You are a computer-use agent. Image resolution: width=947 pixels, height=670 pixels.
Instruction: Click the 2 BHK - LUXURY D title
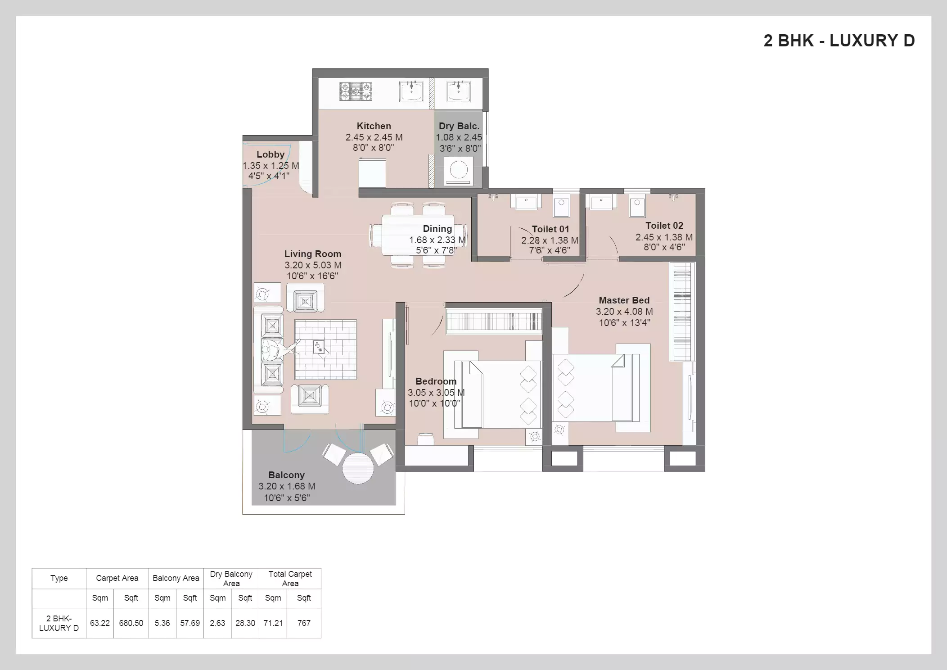[839, 41]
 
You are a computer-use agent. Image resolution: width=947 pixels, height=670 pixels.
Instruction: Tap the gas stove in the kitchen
[356, 91]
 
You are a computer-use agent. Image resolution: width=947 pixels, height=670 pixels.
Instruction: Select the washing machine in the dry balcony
[459, 171]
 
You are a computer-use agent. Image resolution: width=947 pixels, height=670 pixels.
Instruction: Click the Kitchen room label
[374, 126]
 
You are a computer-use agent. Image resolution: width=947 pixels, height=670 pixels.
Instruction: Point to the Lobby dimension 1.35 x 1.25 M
[271, 166]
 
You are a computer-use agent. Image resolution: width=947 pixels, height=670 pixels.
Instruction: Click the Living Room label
[312, 254]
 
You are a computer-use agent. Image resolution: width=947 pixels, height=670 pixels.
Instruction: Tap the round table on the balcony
[358, 468]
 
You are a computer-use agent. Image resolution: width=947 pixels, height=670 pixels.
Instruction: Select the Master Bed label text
[624, 300]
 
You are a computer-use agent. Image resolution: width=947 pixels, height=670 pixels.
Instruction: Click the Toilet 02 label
[664, 226]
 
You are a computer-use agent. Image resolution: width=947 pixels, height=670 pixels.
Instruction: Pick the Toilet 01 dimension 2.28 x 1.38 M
[550, 240]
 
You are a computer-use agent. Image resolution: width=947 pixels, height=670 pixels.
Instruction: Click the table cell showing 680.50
[131, 623]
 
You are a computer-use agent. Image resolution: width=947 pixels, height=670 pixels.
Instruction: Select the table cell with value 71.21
[273, 623]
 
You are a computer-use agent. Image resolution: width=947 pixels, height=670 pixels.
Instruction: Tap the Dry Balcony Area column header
[231, 579]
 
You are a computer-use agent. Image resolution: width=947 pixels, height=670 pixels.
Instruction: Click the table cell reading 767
[304, 623]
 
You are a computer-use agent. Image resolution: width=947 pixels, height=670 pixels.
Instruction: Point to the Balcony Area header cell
[176, 578]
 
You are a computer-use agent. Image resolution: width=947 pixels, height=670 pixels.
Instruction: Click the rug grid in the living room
[325, 350]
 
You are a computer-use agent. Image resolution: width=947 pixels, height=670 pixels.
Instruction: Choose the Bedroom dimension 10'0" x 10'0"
[434, 403]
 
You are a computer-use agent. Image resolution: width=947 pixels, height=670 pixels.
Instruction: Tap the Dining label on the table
[437, 229]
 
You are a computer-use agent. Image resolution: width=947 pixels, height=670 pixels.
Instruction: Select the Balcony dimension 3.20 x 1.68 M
[287, 486]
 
